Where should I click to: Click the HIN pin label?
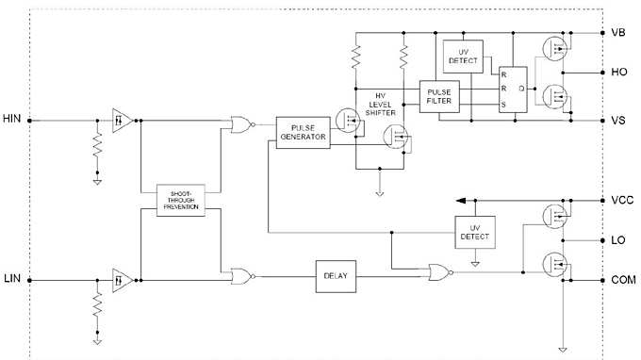tap(12, 121)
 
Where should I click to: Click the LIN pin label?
tap(12, 278)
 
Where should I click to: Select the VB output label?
tap(619, 32)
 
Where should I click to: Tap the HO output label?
tap(619, 72)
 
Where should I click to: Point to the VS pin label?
tap(619, 121)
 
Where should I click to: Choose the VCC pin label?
tap(621, 201)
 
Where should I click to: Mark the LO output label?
tap(619, 240)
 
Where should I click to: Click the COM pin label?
tap(623, 279)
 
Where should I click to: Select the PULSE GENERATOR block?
tap(303, 131)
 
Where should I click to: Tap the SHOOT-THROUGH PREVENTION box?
tap(182, 201)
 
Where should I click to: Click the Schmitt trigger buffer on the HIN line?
tap(121, 121)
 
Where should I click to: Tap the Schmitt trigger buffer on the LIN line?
tap(121, 278)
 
